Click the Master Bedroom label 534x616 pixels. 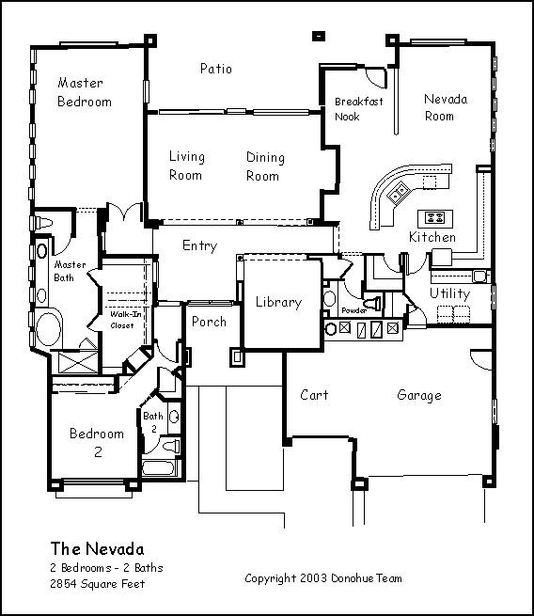click(85, 92)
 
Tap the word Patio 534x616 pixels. click(216, 69)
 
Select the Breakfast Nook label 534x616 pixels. click(358, 109)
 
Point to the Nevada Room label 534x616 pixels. click(446, 107)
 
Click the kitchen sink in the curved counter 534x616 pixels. click(399, 193)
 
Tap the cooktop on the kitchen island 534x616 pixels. click(435, 217)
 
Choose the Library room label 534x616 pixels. click(279, 302)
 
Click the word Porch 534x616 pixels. click(209, 322)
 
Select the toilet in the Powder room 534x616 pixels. click(371, 303)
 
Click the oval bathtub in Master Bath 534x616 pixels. click(49, 329)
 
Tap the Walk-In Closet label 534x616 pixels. click(125, 320)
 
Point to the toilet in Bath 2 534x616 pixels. click(172, 447)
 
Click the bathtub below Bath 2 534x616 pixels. click(158, 468)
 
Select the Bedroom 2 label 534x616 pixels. click(97, 443)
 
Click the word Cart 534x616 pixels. click(314, 395)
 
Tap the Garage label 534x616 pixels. click(419, 395)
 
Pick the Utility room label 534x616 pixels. click(449, 293)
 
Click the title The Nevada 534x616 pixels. click(97, 549)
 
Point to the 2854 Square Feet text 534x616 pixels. click(98, 584)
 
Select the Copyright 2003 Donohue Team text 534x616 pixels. click(323, 578)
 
